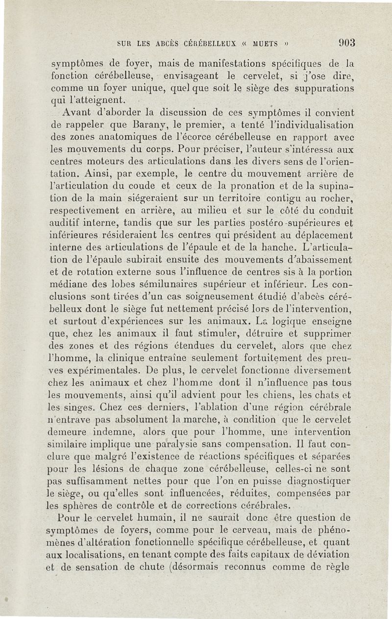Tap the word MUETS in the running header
[x=265, y=43]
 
